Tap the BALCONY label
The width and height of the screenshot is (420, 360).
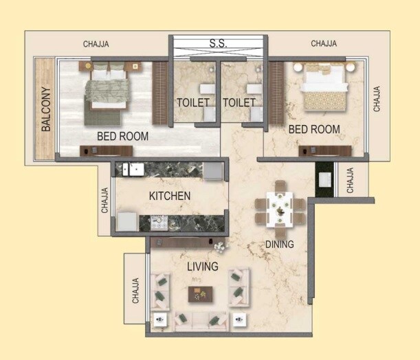[x=46, y=109]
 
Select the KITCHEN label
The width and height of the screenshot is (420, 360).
[x=169, y=196]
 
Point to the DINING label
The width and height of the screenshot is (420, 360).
[x=280, y=244]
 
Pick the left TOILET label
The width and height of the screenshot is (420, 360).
[x=193, y=102]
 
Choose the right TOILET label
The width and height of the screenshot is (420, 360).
[x=239, y=102]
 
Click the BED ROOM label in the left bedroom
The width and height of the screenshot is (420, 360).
[x=122, y=136]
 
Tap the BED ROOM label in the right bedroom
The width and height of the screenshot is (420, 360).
[x=313, y=129]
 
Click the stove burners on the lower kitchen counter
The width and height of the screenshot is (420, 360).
[x=159, y=222]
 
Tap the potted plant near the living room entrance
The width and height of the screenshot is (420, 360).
[x=219, y=247]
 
